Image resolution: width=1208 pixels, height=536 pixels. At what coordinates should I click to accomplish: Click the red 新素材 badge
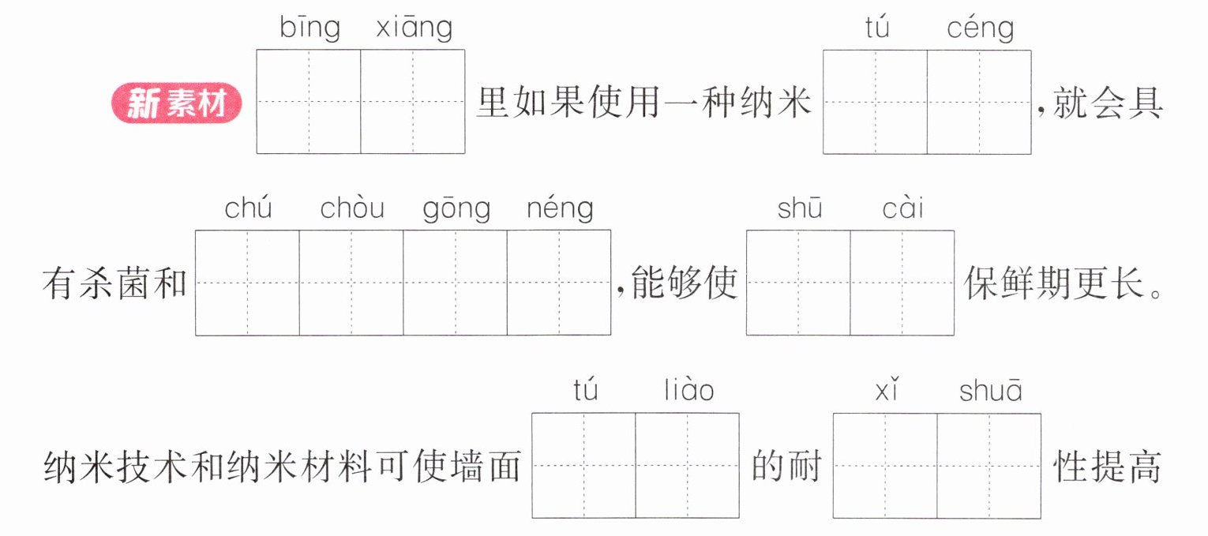point(176,103)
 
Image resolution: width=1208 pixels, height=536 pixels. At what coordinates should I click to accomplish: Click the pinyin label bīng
point(310,28)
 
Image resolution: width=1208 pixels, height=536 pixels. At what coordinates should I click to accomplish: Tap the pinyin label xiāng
point(415,28)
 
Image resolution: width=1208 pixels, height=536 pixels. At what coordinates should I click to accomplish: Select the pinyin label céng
point(981,28)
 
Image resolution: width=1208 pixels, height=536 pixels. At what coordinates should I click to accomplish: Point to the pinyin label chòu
point(352,208)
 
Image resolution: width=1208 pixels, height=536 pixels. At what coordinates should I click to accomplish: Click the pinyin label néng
point(560,209)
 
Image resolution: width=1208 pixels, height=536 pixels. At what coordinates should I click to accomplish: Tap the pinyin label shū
point(800,208)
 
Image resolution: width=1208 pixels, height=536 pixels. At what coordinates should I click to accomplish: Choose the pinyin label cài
point(902,208)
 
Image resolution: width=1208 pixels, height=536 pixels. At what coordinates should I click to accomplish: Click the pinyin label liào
point(689,389)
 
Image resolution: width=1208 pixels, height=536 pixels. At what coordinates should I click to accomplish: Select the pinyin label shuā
point(991,389)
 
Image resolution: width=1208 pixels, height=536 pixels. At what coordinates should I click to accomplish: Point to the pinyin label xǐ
point(887,389)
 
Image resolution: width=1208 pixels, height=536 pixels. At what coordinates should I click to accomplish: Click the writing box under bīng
point(309,101)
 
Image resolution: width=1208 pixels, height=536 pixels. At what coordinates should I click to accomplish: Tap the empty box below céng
point(979,102)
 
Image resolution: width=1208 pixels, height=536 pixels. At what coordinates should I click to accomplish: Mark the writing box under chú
point(248,283)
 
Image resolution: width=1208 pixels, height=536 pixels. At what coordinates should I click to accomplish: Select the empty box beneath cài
point(902,283)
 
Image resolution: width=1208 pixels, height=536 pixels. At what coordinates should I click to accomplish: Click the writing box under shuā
point(989,466)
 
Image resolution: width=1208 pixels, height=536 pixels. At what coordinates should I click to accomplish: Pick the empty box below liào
point(688,466)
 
